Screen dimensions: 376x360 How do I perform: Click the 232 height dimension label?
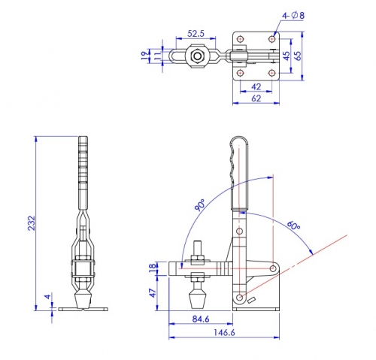tap(32, 222)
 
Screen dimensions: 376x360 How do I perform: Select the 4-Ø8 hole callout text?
tap(293, 16)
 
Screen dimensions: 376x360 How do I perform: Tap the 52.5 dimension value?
tap(196, 33)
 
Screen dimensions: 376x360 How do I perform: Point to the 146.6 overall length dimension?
tap(224, 332)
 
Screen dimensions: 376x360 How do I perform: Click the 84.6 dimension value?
tap(201, 319)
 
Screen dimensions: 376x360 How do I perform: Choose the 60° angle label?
tap(293, 225)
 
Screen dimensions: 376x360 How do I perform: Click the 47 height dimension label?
tap(153, 293)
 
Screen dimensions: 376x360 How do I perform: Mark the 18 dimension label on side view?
tap(153, 268)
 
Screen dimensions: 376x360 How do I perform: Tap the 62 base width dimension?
tap(256, 98)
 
